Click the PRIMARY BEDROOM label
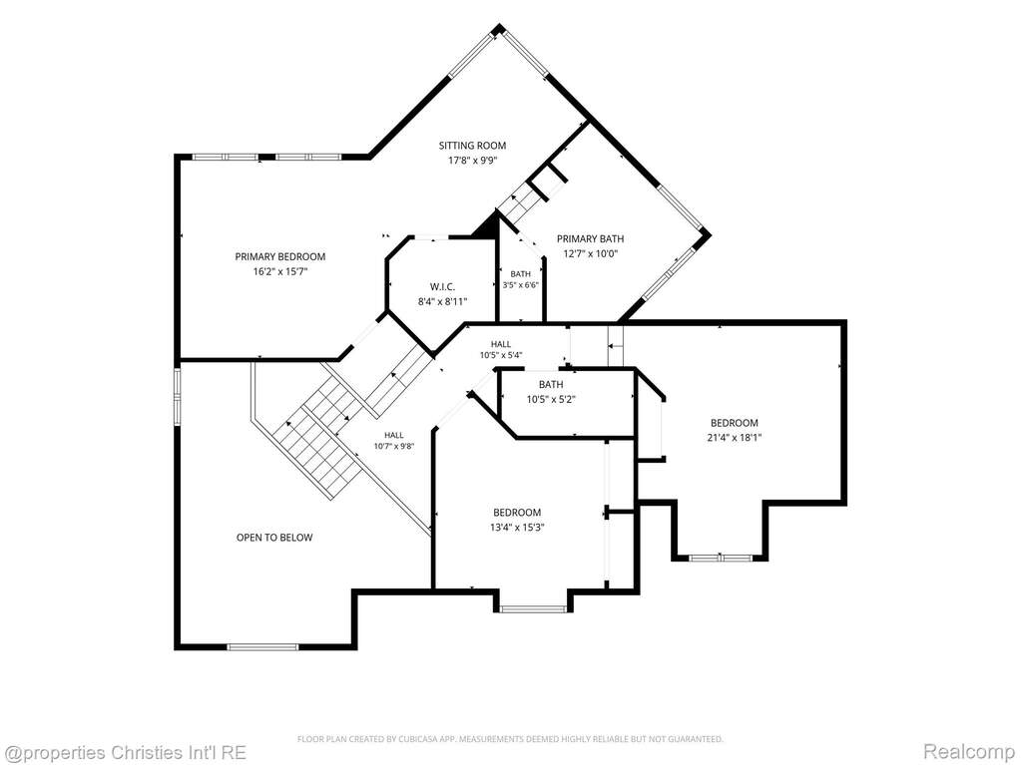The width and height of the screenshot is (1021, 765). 280,257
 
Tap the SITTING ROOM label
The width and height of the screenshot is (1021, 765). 472,146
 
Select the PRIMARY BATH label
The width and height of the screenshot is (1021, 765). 590,238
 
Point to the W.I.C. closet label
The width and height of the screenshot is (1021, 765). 442,287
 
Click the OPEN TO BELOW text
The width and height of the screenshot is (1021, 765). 274,538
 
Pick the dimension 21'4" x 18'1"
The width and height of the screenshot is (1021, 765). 734,438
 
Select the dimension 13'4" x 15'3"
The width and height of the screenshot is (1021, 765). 517,528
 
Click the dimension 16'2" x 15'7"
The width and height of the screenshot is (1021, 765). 280,271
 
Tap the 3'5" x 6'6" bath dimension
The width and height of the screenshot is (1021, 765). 520,285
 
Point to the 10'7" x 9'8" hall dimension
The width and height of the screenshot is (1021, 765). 394,446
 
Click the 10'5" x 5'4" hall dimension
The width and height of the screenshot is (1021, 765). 501,355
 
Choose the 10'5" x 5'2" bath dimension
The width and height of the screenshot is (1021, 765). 551,399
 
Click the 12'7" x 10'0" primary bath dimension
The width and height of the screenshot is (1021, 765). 590,253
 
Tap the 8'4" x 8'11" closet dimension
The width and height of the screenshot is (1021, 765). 442,301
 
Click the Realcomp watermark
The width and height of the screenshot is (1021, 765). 974,752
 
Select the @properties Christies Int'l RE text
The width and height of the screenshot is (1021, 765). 124,753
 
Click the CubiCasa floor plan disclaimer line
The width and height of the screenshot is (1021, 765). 510,739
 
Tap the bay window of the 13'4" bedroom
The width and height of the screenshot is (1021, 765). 533,608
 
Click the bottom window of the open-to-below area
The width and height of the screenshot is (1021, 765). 262,646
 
